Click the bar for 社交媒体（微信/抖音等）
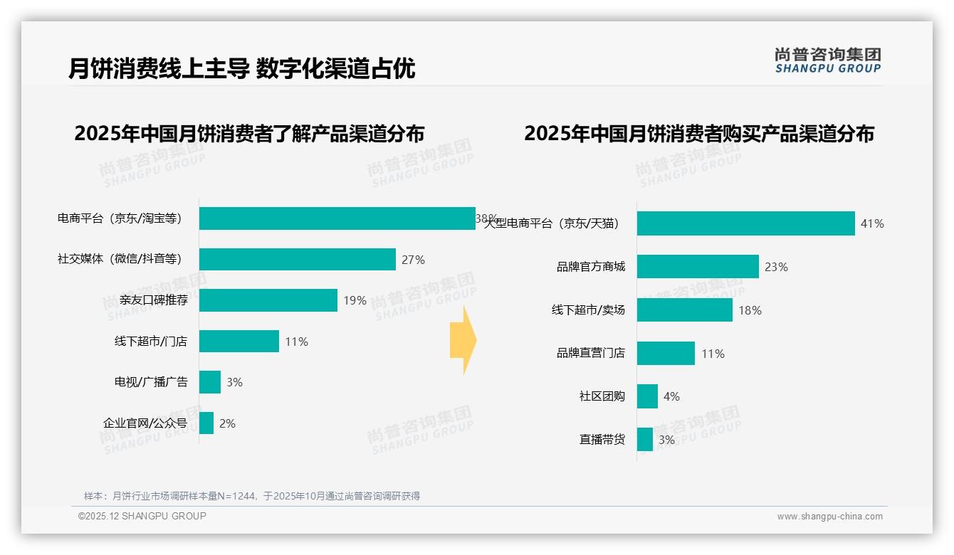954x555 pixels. pyautogui.click(x=297, y=260)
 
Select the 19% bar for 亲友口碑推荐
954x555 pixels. pyautogui.click(x=268, y=300)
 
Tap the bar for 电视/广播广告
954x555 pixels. pyautogui.click(x=210, y=382)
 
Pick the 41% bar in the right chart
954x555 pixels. pyautogui.click(x=745, y=223)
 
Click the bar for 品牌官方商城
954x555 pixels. pyautogui.click(x=698, y=267)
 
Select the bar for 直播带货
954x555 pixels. pyautogui.click(x=644, y=440)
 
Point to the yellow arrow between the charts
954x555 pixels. pyautogui.click(x=463, y=341)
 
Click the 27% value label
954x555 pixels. pyautogui.click(x=413, y=260)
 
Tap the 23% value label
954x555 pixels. pyautogui.click(x=776, y=268)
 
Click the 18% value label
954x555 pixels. pyautogui.click(x=750, y=310)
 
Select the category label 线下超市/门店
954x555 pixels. pyautogui.click(x=151, y=342)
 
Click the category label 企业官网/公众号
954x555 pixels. pyautogui.click(x=145, y=423)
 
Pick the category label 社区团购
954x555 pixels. pyautogui.click(x=602, y=396)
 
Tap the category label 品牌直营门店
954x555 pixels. pyautogui.click(x=590, y=353)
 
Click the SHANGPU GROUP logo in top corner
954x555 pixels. pyautogui.click(x=827, y=60)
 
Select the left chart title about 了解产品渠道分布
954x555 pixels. pyautogui.click(x=249, y=134)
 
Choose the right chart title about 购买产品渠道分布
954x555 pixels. pyautogui.click(x=699, y=134)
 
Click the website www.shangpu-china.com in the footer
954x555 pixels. pyautogui.click(x=829, y=517)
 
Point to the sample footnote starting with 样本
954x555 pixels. pyautogui.click(x=252, y=496)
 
